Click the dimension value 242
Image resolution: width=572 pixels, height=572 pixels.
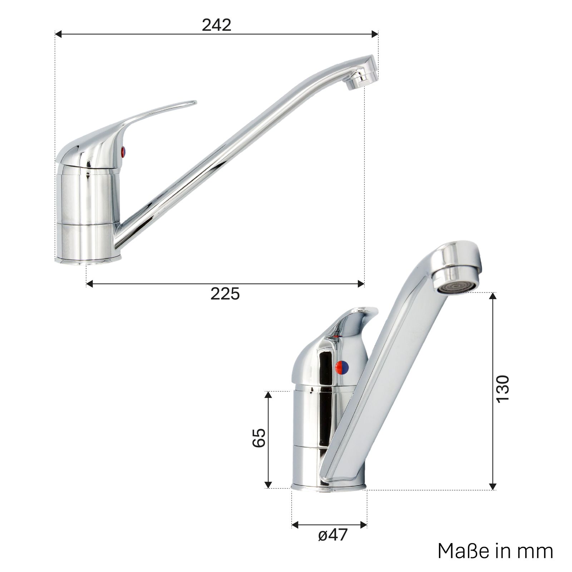pyautogui.click(x=216, y=25)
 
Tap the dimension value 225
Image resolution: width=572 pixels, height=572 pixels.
pyautogui.click(x=225, y=294)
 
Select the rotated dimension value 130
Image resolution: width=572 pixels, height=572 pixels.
pyautogui.click(x=503, y=389)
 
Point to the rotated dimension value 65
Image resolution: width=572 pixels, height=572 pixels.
pyautogui.click(x=259, y=437)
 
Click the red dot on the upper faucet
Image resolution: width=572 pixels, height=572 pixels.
pyautogui.click(x=124, y=151)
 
